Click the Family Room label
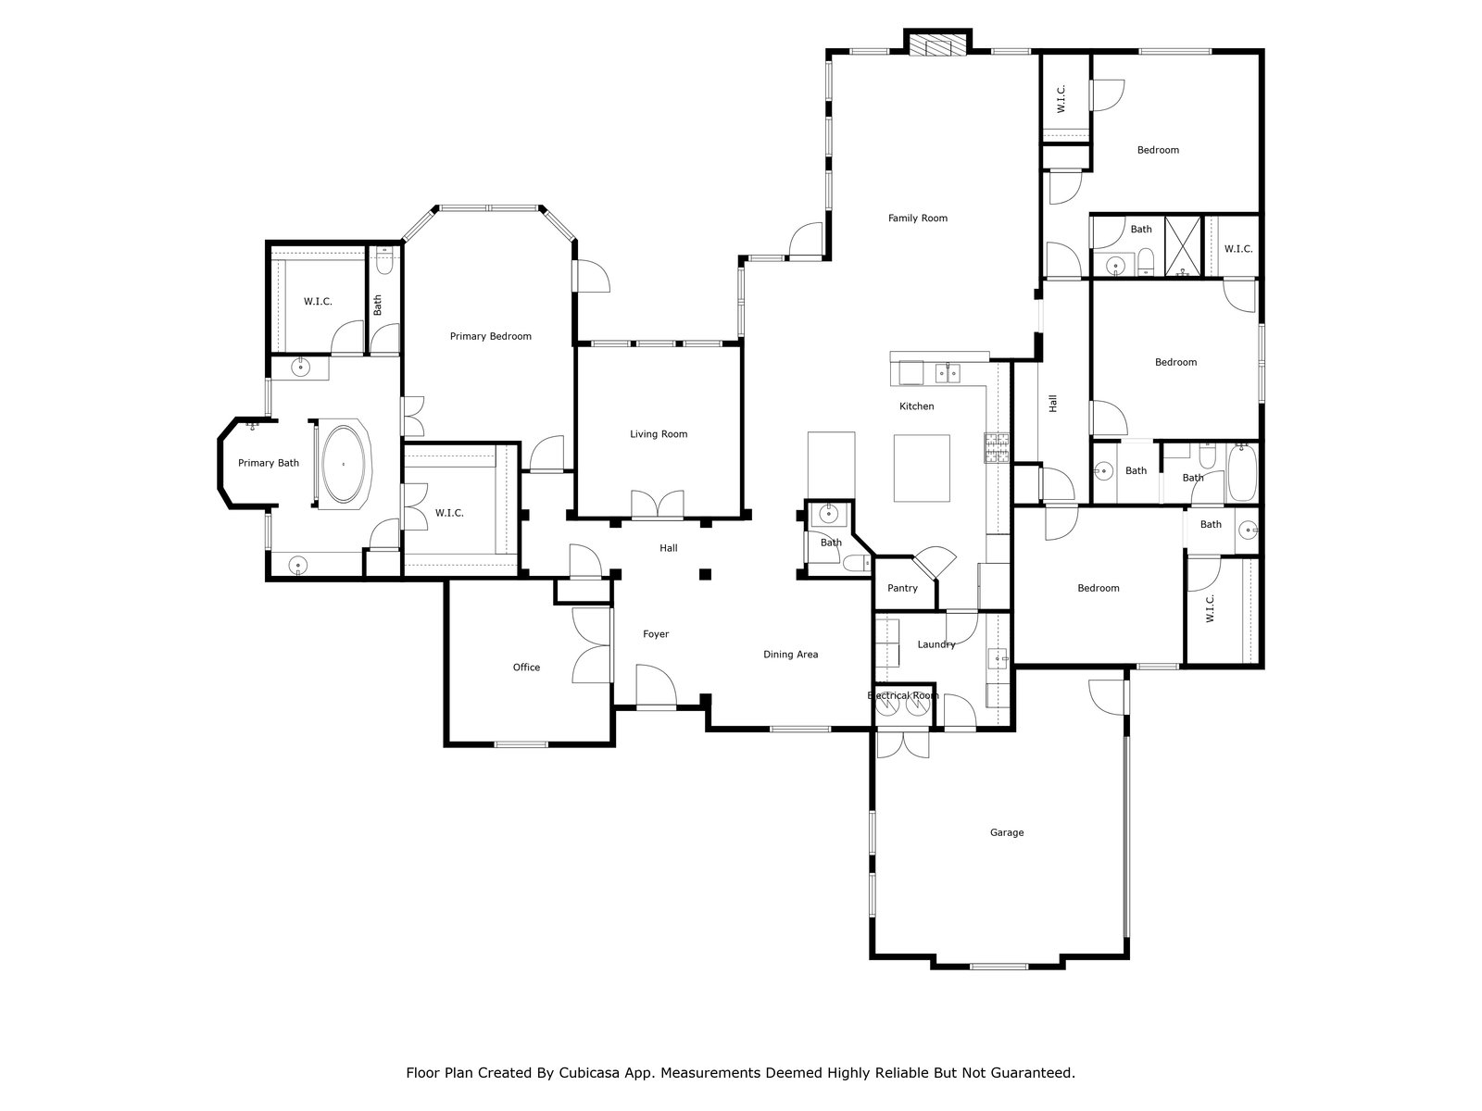(918, 218)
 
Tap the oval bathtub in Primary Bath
(344, 464)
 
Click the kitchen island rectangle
(922, 468)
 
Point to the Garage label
(1007, 832)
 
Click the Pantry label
(903, 588)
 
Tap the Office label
(527, 668)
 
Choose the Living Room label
(659, 433)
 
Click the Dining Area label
(791, 655)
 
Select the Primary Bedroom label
(491, 336)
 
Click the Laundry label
(936, 644)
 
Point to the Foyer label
(656, 634)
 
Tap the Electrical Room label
(903, 695)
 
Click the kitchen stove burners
(997, 448)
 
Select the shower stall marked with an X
(1184, 246)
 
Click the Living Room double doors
(658, 505)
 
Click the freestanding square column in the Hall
(705, 574)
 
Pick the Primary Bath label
(268, 463)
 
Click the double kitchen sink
(948, 373)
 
